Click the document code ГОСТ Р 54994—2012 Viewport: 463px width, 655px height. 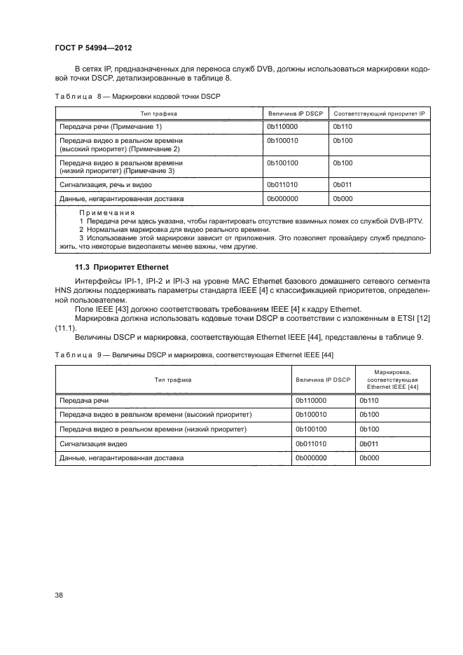click(x=93, y=48)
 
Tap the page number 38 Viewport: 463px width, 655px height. click(x=60, y=595)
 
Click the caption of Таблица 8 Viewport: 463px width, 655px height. click(x=137, y=96)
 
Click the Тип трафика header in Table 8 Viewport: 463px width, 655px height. click(x=158, y=113)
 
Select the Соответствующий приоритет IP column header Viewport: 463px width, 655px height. click(x=380, y=113)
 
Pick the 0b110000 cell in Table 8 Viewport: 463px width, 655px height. click(x=282, y=127)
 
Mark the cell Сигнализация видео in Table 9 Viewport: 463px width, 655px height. click(x=93, y=443)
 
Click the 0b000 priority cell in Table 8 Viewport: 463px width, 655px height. click(x=343, y=199)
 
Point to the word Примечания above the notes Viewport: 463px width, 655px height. click(x=106, y=212)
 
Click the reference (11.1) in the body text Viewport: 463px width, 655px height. click(x=64, y=327)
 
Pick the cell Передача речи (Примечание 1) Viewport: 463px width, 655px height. click(x=111, y=127)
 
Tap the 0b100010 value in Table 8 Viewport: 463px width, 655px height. click(x=282, y=141)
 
